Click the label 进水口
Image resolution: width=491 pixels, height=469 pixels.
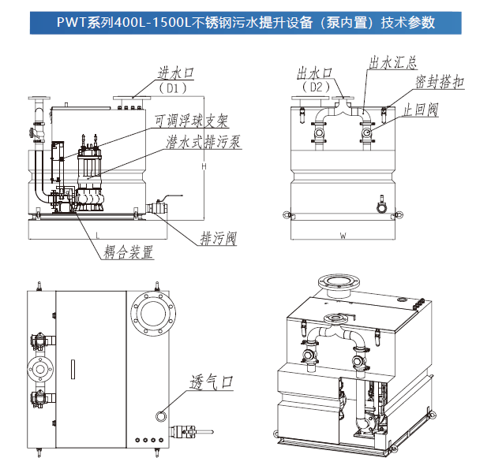[175, 74]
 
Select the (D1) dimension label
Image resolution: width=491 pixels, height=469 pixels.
[174, 89]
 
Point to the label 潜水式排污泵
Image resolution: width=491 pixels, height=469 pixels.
[203, 142]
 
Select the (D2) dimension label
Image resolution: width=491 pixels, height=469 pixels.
[316, 87]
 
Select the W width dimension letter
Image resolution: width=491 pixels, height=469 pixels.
[343, 236]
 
